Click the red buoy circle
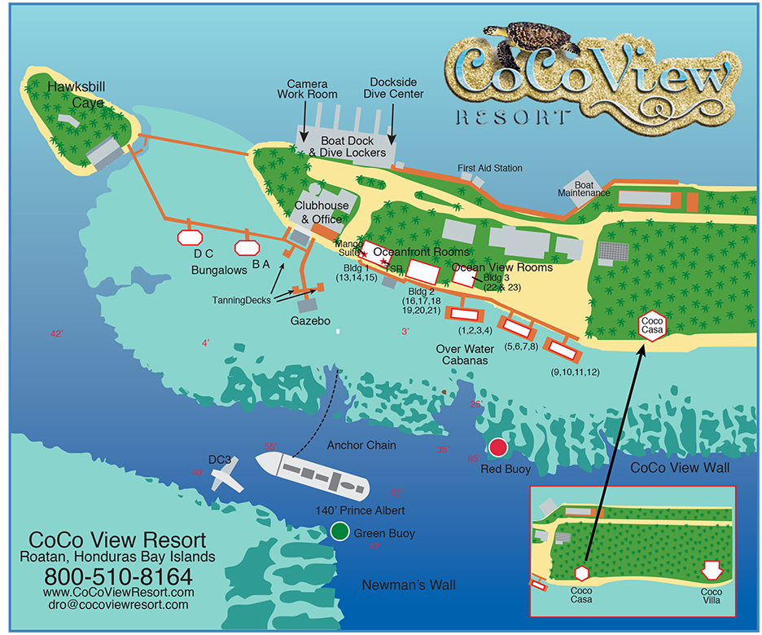[498, 448]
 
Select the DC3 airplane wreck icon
[226, 474]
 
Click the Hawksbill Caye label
[77, 95]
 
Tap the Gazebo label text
[310, 322]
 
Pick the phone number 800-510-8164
[117, 575]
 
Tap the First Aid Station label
[489, 168]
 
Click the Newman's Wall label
[409, 585]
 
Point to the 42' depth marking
[56, 334]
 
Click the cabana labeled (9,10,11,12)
[561, 349]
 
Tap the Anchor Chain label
[361, 445]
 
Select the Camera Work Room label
[307, 90]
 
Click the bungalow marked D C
[189, 237]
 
